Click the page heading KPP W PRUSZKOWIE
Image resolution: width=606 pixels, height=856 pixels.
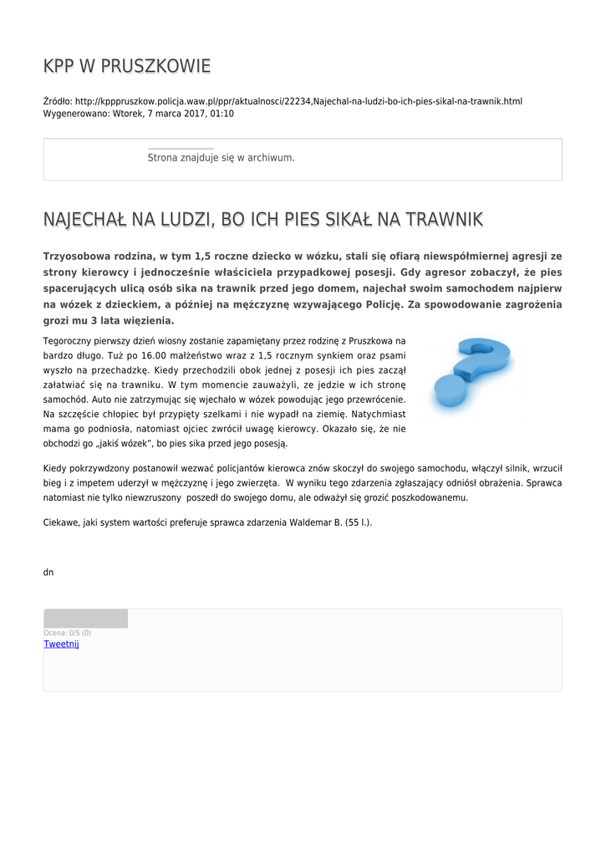tap(127, 66)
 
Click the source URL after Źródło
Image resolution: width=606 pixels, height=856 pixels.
tap(298, 101)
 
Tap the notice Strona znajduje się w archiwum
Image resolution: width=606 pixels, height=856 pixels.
tap(221, 157)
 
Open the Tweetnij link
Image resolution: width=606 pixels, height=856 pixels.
tap(61, 644)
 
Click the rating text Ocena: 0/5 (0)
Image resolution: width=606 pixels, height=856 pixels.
tap(68, 633)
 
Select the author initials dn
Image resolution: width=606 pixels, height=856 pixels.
tap(48, 572)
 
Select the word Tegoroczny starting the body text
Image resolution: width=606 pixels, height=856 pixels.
tap(68, 341)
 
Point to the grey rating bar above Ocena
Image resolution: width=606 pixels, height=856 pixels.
tap(85, 619)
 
